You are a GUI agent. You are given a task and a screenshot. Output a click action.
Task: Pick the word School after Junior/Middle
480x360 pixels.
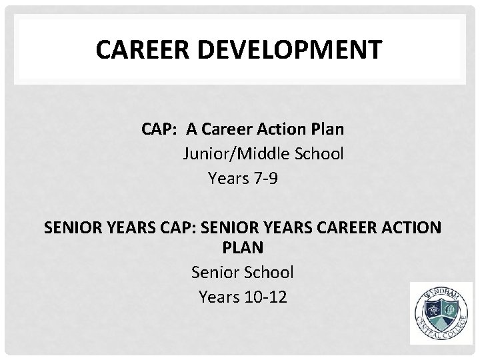(319, 154)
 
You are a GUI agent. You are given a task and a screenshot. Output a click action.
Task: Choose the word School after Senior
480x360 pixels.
(267, 272)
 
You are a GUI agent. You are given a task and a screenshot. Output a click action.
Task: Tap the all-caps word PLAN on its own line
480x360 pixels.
(242, 247)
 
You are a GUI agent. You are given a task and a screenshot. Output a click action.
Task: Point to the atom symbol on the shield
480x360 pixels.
(431, 310)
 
